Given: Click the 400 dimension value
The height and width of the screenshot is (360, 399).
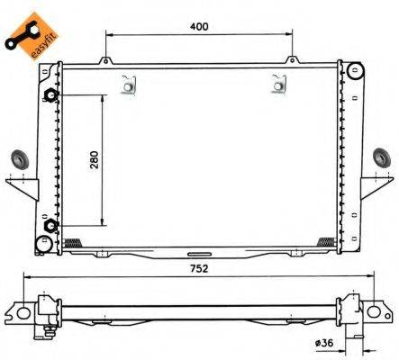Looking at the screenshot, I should click(x=199, y=26).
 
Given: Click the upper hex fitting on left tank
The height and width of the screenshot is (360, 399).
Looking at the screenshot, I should click(x=51, y=96).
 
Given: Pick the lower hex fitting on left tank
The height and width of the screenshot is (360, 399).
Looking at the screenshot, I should click(x=51, y=225).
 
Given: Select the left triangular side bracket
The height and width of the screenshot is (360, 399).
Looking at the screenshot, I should click(x=26, y=186).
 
